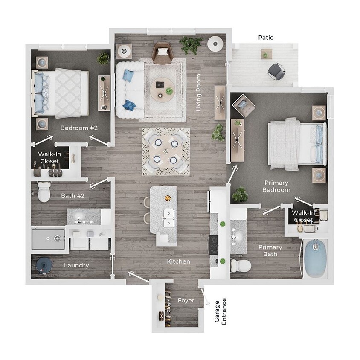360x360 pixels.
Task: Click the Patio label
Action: (x=266, y=38)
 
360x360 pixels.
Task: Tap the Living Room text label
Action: (x=198, y=98)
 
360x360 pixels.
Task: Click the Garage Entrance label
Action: (x=221, y=311)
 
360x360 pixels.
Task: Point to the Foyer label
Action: (x=186, y=300)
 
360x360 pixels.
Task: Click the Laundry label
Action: (x=76, y=265)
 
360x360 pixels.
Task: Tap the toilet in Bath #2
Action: (x=44, y=192)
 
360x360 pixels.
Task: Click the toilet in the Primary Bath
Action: (x=241, y=266)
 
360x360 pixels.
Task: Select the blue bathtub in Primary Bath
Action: (x=316, y=258)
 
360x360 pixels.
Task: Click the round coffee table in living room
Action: (x=163, y=89)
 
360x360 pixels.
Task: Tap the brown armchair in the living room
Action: (x=162, y=52)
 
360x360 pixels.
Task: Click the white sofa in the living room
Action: (x=128, y=90)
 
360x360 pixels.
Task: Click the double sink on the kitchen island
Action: (x=169, y=218)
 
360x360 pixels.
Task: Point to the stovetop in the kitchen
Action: (x=213, y=244)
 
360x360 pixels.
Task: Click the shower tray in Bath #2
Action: (x=48, y=239)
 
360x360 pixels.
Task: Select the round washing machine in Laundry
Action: (x=44, y=265)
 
